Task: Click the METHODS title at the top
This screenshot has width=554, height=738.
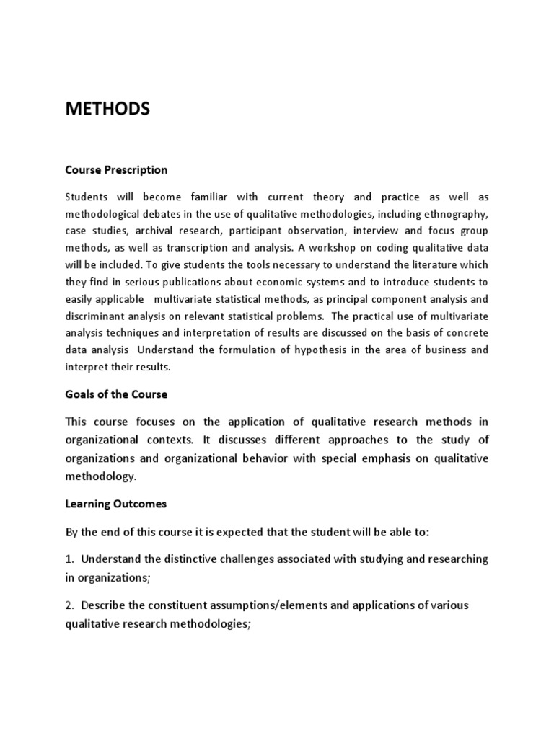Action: (x=107, y=109)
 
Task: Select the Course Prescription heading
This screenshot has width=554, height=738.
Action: (x=116, y=170)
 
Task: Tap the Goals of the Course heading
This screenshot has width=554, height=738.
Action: (x=116, y=394)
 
